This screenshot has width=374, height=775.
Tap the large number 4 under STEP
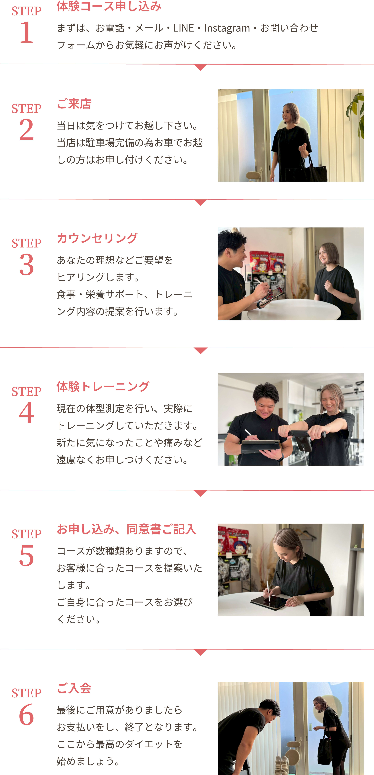[26, 413]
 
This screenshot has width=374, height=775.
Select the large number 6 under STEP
[26, 715]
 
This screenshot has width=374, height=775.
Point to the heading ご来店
[74, 104]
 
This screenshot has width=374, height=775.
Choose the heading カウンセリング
[97, 238]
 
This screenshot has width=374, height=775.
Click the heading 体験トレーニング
[103, 387]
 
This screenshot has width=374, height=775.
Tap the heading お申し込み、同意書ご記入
[126, 529]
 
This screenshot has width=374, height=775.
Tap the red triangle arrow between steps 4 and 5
[201, 493]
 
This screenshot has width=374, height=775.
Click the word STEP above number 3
[26, 243]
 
